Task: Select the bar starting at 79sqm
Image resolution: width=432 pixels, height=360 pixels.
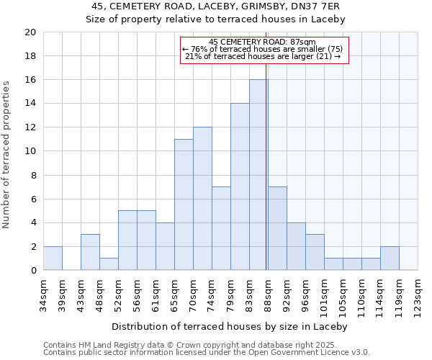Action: (x=240, y=187)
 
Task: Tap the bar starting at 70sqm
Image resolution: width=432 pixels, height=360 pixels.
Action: (x=202, y=199)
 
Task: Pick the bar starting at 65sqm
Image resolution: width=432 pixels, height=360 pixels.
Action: (x=184, y=204)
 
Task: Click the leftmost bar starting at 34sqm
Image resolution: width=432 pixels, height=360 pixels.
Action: (x=53, y=258)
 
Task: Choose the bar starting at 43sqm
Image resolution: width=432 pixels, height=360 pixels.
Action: (x=90, y=253)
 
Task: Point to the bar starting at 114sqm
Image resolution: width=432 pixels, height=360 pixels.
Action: (x=390, y=258)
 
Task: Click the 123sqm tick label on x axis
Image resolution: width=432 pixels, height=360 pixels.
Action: (x=418, y=294)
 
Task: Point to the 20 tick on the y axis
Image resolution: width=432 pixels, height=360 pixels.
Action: (x=30, y=32)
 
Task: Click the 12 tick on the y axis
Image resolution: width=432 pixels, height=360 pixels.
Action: (x=30, y=127)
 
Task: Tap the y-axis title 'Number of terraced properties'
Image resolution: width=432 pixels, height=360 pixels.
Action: (x=7, y=155)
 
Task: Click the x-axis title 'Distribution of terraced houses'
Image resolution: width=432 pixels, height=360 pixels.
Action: (x=230, y=326)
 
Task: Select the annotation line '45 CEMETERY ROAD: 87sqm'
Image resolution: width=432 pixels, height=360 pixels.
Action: (x=264, y=42)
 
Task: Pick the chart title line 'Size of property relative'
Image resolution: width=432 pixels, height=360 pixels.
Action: (x=216, y=19)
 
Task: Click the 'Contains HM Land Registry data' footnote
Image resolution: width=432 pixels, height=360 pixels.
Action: (x=206, y=345)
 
